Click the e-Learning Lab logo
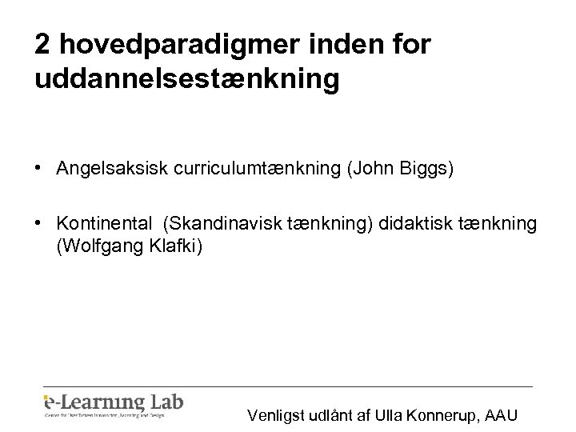pos(113,403)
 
